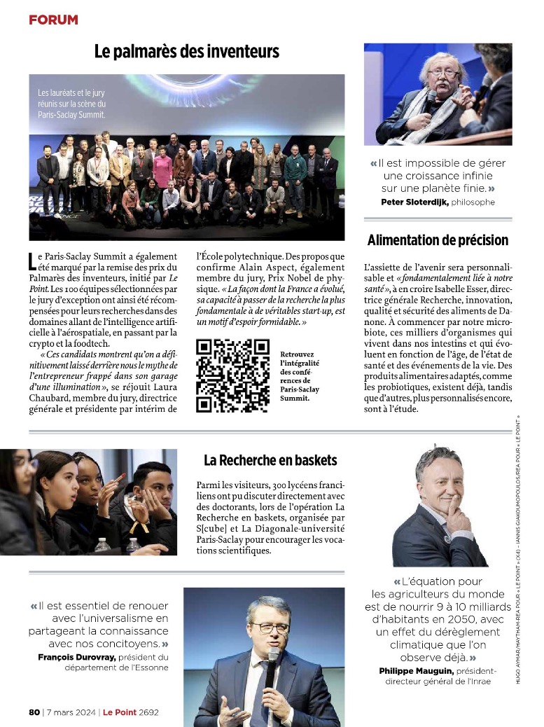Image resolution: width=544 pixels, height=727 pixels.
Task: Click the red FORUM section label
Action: click(x=53, y=20)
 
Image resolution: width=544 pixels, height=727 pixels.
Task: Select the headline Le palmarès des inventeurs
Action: click(x=187, y=51)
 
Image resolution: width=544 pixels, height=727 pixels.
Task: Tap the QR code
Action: click(x=232, y=375)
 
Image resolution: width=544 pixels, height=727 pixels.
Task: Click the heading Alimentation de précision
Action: click(x=438, y=240)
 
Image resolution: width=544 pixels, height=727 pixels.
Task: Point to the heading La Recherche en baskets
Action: click(x=270, y=460)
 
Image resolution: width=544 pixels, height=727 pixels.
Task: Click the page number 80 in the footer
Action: click(x=34, y=712)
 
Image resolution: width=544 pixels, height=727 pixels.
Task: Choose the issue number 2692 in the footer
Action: click(x=148, y=712)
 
